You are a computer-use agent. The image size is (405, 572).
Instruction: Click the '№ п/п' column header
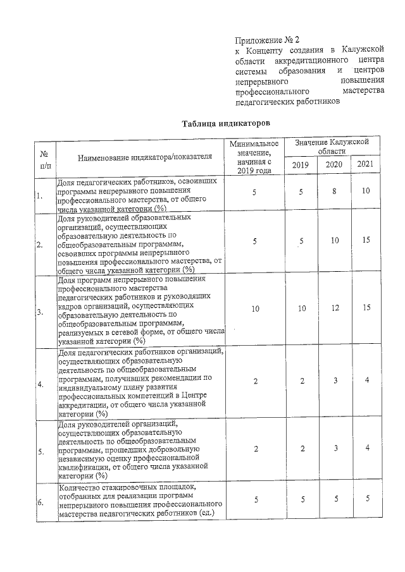(x=45, y=158)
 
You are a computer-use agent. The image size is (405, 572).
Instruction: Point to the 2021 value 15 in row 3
(x=365, y=308)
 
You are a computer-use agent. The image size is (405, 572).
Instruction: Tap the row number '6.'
(x=40, y=502)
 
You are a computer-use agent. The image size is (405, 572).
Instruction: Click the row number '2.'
(x=40, y=244)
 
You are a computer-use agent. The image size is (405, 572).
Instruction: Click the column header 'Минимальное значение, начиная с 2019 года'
(x=253, y=157)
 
